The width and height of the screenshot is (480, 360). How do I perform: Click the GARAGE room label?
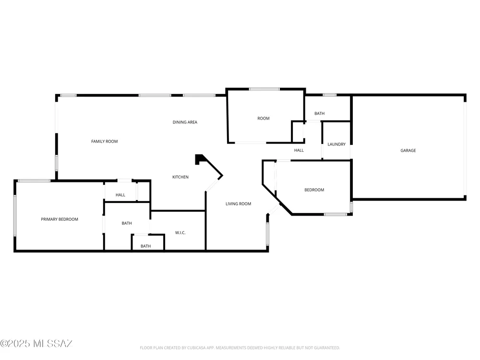[408, 150]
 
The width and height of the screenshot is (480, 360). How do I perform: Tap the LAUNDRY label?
[336, 144]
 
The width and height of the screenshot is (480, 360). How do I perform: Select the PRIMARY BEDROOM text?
[60, 219]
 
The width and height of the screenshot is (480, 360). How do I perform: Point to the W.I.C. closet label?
[180, 233]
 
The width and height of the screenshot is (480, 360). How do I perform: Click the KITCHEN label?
[180, 177]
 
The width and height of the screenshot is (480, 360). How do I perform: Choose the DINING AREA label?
[185, 122]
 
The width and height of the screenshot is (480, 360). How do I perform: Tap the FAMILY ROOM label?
[104, 142]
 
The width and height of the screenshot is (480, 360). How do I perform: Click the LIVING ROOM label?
[238, 204]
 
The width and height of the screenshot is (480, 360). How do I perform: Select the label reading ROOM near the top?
[263, 119]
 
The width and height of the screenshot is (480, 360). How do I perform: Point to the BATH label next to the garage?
[319, 114]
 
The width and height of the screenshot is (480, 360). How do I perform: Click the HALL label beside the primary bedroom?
[120, 195]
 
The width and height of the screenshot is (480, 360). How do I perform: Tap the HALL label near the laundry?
[299, 150]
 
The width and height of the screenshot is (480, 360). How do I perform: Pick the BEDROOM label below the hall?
[314, 190]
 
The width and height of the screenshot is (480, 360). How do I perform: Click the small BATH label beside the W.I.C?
[146, 246]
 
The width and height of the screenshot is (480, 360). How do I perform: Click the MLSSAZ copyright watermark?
[36, 344]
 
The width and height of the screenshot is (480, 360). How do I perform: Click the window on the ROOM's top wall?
[264, 89]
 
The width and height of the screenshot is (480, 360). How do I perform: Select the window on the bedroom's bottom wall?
[336, 214]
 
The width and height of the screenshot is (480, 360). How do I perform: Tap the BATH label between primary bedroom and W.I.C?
[127, 224]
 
